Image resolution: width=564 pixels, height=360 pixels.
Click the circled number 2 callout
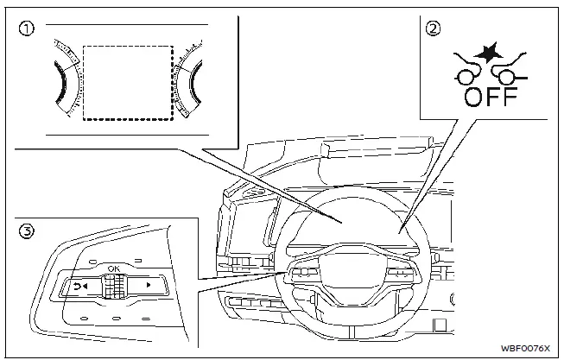(x=432, y=28)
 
